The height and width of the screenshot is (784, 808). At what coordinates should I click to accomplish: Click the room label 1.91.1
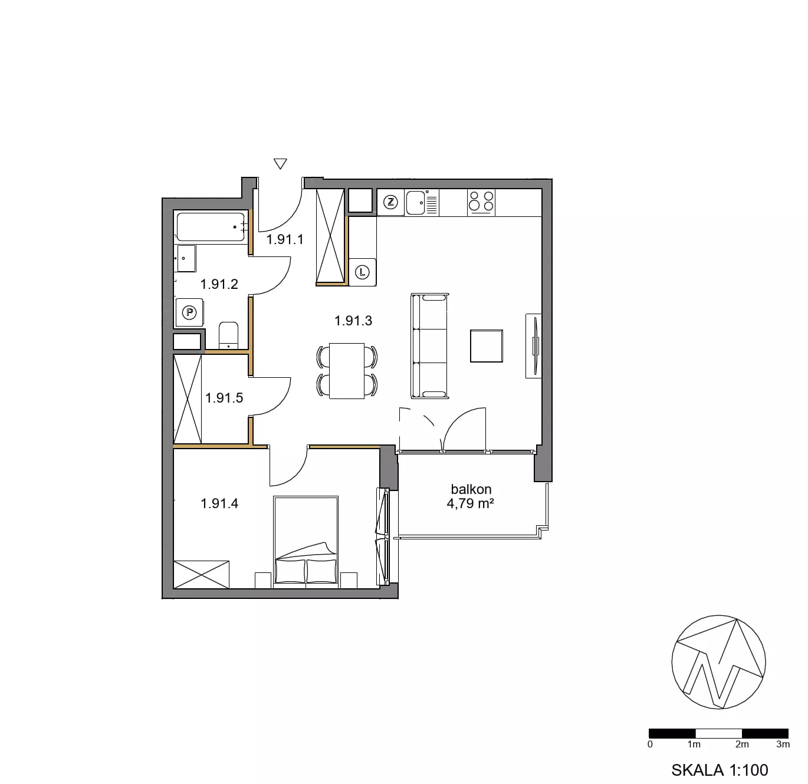click(x=285, y=239)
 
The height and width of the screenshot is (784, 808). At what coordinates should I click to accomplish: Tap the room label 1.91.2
click(x=219, y=284)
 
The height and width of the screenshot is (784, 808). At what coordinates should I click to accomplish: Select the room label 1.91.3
click(x=353, y=321)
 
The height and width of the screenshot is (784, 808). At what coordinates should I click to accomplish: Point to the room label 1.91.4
click(x=219, y=503)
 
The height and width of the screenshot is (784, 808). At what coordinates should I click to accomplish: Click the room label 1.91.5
click(x=224, y=398)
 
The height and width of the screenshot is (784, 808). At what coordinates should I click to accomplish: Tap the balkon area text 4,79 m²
click(x=471, y=503)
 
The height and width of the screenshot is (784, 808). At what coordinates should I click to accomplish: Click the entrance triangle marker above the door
click(x=280, y=164)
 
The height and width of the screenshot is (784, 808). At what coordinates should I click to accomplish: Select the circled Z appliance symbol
click(x=390, y=203)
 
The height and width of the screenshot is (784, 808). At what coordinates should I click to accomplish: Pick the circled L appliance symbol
click(x=363, y=273)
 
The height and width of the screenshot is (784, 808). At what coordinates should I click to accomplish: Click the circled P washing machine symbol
click(x=190, y=312)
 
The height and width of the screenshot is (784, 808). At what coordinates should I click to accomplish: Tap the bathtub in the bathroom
click(x=211, y=227)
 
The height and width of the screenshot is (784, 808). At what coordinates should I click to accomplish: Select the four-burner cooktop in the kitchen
click(x=481, y=203)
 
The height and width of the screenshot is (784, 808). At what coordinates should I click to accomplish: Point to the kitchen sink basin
click(x=415, y=203)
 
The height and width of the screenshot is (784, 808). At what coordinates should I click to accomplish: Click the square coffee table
click(x=487, y=345)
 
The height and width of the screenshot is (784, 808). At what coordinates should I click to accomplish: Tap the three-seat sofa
click(x=430, y=346)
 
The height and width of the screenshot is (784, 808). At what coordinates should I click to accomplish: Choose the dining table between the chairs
click(x=347, y=371)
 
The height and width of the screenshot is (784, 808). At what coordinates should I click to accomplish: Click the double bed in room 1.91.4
click(x=306, y=542)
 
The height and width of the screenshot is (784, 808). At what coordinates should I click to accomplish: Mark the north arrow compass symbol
click(x=719, y=662)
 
